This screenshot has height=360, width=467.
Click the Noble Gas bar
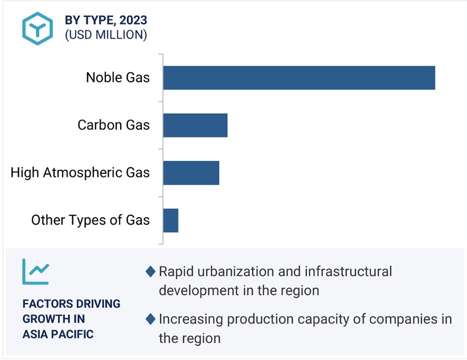pyautogui.click(x=299, y=78)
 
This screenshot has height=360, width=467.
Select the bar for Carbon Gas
pyautogui.click(x=195, y=125)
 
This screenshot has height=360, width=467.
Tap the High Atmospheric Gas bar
pyautogui.click(x=191, y=173)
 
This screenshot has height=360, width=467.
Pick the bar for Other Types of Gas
pyautogui.click(x=171, y=220)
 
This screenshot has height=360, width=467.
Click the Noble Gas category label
pyautogui.click(x=118, y=78)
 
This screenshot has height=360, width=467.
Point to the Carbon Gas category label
pyautogui.click(x=113, y=125)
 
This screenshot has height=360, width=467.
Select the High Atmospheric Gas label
pyautogui.click(x=80, y=173)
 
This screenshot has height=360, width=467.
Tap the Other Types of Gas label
pyautogui.click(x=91, y=220)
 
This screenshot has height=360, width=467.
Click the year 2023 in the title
pyautogui.click(x=133, y=20)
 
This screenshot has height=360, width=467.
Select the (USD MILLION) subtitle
pyautogui.click(x=106, y=35)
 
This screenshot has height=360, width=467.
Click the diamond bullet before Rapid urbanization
pyautogui.click(x=151, y=271)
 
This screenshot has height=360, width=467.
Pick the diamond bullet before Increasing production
pyautogui.click(x=151, y=319)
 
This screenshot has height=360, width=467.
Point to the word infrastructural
pyautogui.click(x=348, y=271)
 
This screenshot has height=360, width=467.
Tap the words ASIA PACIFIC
pyautogui.click(x=58, y=334)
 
